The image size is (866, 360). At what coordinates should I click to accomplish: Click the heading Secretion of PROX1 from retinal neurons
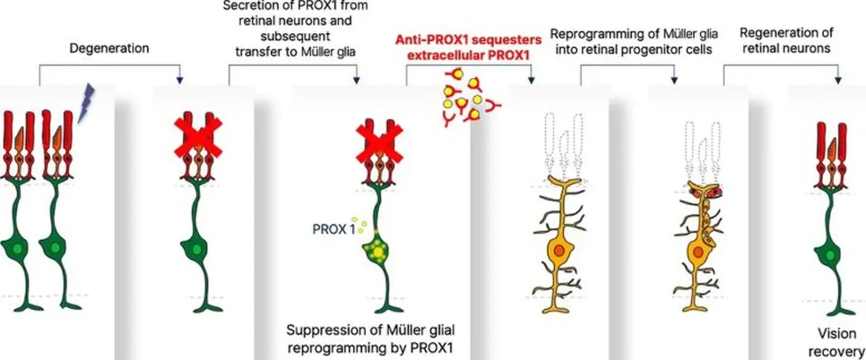[x=292, y=27]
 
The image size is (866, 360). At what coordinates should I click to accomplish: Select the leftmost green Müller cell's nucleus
[x=15, y=250]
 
